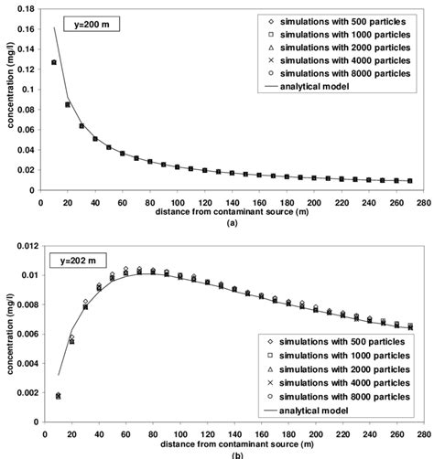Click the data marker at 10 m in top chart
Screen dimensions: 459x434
click(54, 62)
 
